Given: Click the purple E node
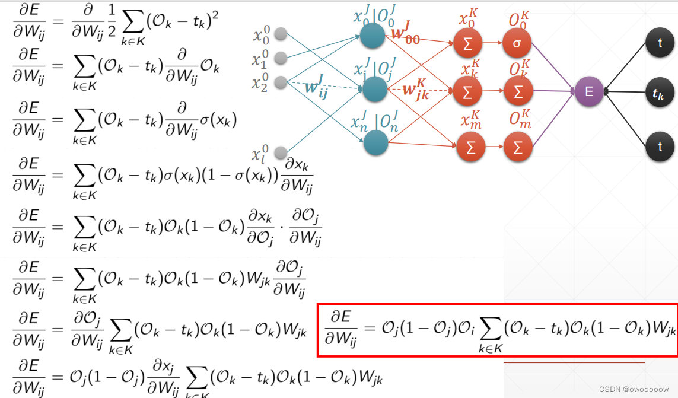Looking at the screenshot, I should pos(589,92).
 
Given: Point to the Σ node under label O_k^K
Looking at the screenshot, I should pos(518,92).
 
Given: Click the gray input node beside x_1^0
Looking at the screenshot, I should pos(281,58).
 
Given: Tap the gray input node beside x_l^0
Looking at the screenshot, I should pos(281,152).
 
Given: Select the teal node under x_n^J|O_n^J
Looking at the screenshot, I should pos(375,143).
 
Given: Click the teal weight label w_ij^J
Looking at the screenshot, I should pos(316,87).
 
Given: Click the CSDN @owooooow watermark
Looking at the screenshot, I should pos(633,389).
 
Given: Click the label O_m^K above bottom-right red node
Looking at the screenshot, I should pos(520,120).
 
